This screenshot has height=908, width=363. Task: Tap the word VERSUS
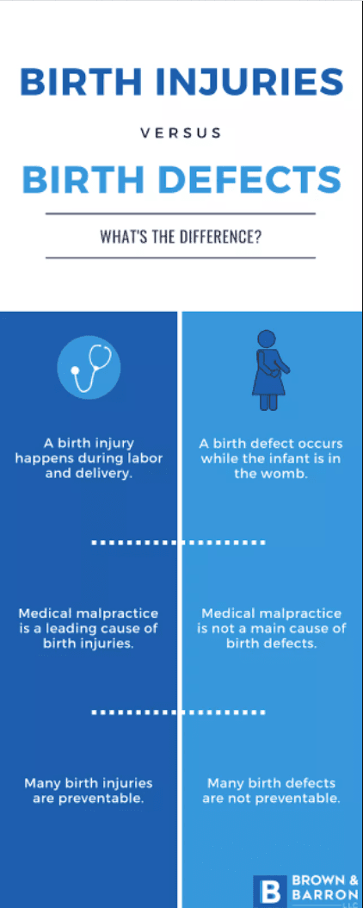click(181, 134)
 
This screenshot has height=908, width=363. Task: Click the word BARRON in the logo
click(324, 893)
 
